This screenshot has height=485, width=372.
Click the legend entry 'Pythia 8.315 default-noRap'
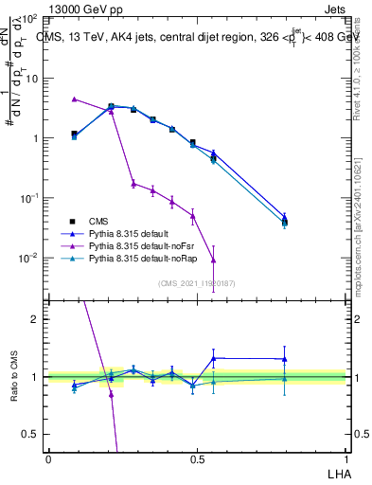(x=140, y=258)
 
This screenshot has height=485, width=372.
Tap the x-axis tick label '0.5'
(x=196, y=458)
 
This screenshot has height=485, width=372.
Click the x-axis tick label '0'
(x=48, y=458)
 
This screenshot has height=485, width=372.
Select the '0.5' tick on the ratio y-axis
(x=31, y=434)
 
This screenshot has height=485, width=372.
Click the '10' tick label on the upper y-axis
(x=32, y=79)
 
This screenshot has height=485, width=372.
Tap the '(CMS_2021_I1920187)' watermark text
(x=196, y=283)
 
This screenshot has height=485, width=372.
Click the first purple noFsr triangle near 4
(x=74, y=99)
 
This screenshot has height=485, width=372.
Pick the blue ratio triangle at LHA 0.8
(x=284, y=359)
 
